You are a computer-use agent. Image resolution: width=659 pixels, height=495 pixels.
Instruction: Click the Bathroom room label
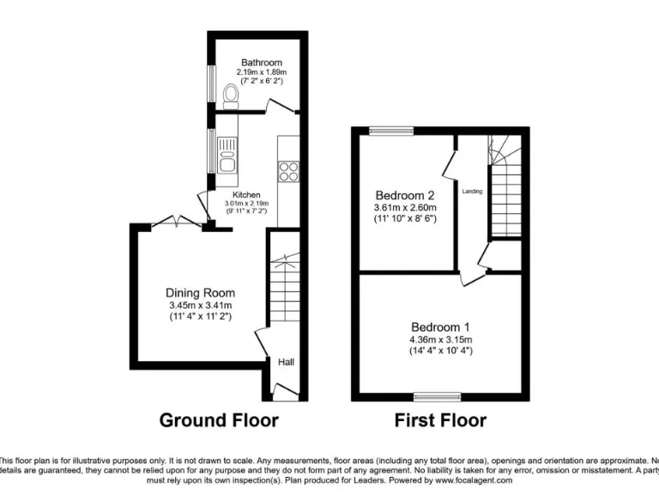(x=261, y=63)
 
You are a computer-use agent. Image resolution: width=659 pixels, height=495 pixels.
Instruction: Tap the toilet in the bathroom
(x=230, y=94)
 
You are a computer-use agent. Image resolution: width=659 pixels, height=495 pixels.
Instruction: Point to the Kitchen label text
(x=246, y=195)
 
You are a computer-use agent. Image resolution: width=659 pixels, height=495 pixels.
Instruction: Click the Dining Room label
(x=200, y=293)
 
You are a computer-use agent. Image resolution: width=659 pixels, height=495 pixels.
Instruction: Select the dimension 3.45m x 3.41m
(x=200, y=305)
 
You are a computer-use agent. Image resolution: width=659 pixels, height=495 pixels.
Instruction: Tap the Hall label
(x=286, y=363)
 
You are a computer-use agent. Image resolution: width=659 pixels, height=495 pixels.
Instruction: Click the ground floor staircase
(x=284, y=288)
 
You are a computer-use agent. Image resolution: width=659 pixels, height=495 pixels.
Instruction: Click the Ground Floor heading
(x=219, y=420)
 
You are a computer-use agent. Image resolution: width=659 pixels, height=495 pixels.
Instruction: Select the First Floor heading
(x=439, y=420)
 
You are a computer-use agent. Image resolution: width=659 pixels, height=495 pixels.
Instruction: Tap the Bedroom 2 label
(x=405, y=195)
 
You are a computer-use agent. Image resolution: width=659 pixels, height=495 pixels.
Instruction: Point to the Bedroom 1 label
(x=440, y=327)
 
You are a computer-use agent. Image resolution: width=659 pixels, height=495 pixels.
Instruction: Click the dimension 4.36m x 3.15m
(x=440, y=339)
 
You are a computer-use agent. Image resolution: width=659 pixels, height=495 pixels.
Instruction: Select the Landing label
(x=471, y=191)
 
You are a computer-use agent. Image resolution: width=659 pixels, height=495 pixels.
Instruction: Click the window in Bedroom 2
(x=390, y=131)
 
